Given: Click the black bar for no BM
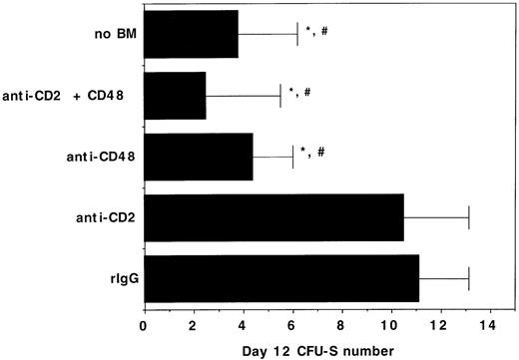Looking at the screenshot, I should click(192, 40).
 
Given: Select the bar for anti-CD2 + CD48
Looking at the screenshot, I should click(175, 98).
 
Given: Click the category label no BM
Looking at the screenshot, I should click(110, 41).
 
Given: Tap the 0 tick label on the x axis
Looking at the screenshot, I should click(145, 324).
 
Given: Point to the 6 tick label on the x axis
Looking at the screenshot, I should click(292, 324).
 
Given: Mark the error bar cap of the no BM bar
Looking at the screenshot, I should click(297, 40).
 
